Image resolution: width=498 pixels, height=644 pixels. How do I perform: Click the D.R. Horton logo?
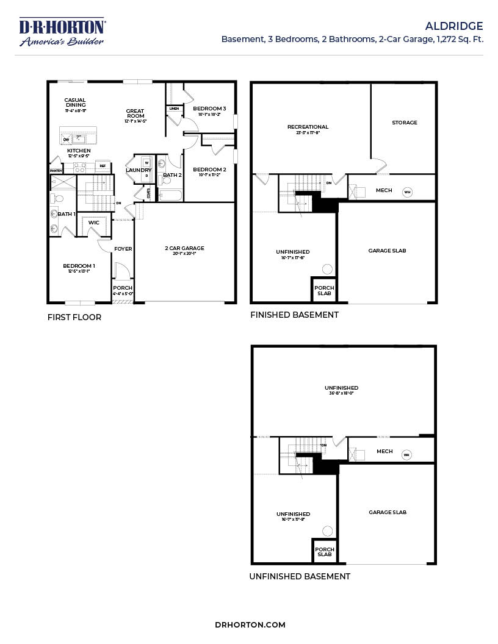pyautogui.click(x=62, y=32)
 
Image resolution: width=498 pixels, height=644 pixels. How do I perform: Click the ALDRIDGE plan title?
pyautogui.click(x=454, y=26)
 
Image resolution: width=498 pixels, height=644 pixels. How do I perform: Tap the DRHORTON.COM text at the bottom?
pyautogui.click(x=250, y=624)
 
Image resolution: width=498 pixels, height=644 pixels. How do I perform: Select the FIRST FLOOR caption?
pyautogui.click(x=74, y=317)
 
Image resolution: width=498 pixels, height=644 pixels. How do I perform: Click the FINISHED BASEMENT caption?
pyautogui.click(x=294, y=315)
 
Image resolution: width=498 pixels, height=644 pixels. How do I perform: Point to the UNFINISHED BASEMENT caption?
pyautogui.click(x=300, y=576)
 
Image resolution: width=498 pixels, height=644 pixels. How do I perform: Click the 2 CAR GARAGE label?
pyautogui.click(x=184, y=248)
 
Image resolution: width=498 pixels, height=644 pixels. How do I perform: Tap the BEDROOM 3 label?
pyautogui.click(x=209, y=109)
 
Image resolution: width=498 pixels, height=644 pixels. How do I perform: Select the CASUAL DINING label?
pyautogui.click(x=75, y=102)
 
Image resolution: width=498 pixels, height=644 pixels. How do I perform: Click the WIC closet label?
pyautogui.click(x=93, y=223)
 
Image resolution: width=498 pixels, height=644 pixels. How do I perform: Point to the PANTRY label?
pyautogui.click(x=56, y=171)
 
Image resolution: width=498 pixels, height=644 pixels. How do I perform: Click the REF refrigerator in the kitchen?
pyautogui.click(x=103, y=165)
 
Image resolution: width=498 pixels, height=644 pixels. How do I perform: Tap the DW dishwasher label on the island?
pyautogui.click(x=66, y=140)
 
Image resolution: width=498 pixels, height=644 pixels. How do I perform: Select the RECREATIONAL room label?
pyautogui.click(x=308, y=127)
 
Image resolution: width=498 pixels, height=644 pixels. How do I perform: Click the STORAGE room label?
pyautogui.click(x=405, y=123)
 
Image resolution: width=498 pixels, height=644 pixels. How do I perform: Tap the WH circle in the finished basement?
pyautogui.click(x=407, y=192)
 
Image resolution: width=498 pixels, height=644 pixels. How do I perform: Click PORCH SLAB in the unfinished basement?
pyautogui.click(x=324, y=551)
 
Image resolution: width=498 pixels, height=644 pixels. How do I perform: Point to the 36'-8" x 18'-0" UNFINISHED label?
pyautogui.click(x=341, y=390)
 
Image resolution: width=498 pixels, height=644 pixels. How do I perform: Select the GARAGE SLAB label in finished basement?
pyautogui.click(x=387, y=251)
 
